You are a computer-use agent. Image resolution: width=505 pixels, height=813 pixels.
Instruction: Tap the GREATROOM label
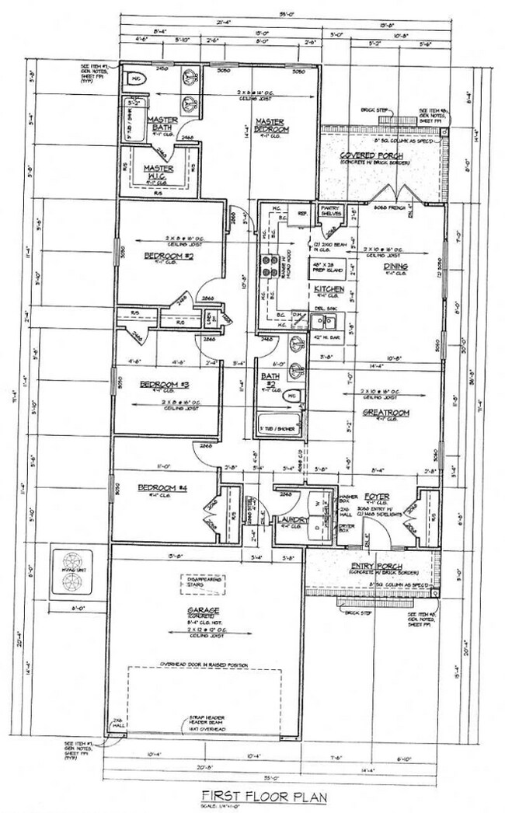pos(381,413)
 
